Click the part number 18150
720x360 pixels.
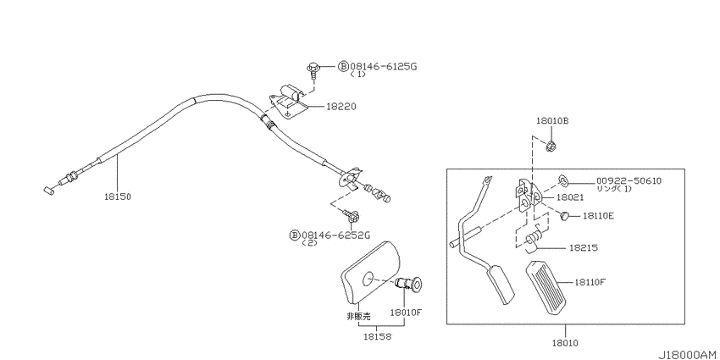[118, 197]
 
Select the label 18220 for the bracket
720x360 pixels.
[341, 107]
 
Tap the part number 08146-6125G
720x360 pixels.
[383, 67]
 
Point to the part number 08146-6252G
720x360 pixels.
[335, 235]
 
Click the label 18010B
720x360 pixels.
[552, 121]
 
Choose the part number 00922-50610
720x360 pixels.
[629, 180]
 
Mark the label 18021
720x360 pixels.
[570, 197]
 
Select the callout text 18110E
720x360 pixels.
[599, 215]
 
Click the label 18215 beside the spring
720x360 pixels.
[583, 247]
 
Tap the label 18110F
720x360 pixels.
[590, 281]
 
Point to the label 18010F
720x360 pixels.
[406, 313]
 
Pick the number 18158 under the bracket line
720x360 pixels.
[377, 336]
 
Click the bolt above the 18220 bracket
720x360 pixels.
[313, 69]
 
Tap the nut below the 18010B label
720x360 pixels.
[551, 147]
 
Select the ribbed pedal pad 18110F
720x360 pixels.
[547, 287]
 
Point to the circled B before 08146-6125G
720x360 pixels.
[343, 67]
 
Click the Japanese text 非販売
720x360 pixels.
[358, 316]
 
